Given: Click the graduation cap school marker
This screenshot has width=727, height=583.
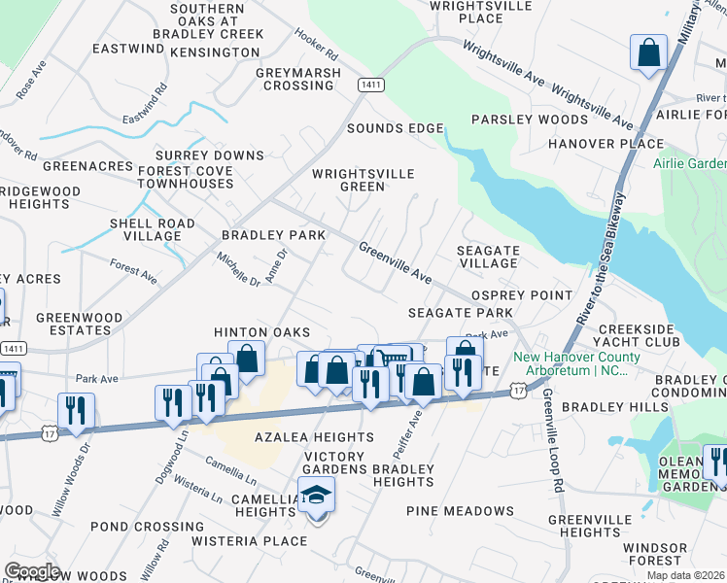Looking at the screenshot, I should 316,497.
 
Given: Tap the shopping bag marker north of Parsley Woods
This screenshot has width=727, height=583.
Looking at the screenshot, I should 648,54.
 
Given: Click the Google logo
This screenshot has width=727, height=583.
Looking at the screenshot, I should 32,571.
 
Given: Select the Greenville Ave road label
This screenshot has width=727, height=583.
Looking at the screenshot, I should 395,263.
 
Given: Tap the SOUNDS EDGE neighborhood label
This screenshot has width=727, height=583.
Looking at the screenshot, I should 395,128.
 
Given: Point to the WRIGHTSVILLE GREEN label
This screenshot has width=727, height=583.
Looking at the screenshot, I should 363,181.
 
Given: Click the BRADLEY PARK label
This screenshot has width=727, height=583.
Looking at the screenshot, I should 273,235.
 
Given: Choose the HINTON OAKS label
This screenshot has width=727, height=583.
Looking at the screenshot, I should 261,332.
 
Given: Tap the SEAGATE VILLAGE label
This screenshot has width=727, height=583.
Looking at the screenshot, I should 488,257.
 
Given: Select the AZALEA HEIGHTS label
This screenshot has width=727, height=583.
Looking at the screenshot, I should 287,438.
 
